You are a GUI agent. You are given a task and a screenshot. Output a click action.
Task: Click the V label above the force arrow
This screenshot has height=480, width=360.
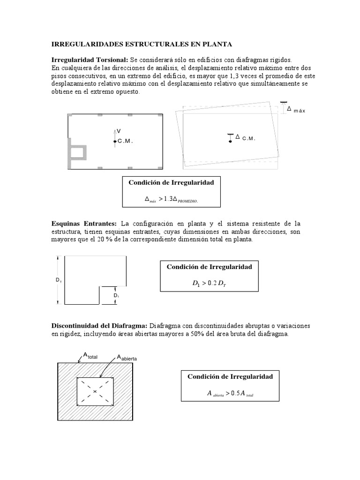(119, 131)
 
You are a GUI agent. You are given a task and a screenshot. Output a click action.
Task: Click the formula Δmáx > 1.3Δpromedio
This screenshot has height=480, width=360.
(171, 199)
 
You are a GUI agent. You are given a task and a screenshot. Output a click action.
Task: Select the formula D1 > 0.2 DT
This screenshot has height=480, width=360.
(209, 284)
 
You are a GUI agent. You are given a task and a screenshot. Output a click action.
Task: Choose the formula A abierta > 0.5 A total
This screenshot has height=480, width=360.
(230, 394)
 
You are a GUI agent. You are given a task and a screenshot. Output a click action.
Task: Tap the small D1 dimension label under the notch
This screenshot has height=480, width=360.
(116, 296)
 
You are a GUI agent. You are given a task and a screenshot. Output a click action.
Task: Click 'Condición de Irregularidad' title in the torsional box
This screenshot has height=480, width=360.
(171, 182)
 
